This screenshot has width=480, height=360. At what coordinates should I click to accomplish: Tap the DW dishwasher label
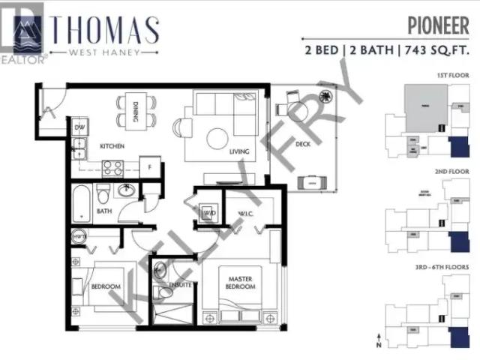pos(80,127)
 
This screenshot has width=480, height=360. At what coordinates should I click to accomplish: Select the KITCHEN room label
pos(112,146)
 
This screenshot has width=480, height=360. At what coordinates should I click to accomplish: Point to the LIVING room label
pos(239,152)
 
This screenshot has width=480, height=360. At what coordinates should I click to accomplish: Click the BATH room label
pos(104,211)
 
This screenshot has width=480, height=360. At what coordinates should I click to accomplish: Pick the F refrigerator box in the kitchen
pos(150,168)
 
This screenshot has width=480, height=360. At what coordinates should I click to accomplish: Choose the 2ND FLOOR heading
pos(451,171)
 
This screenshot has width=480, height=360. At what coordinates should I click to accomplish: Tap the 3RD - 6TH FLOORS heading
pos(442,267)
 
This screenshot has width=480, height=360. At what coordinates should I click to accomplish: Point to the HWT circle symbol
pos(79,238)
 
